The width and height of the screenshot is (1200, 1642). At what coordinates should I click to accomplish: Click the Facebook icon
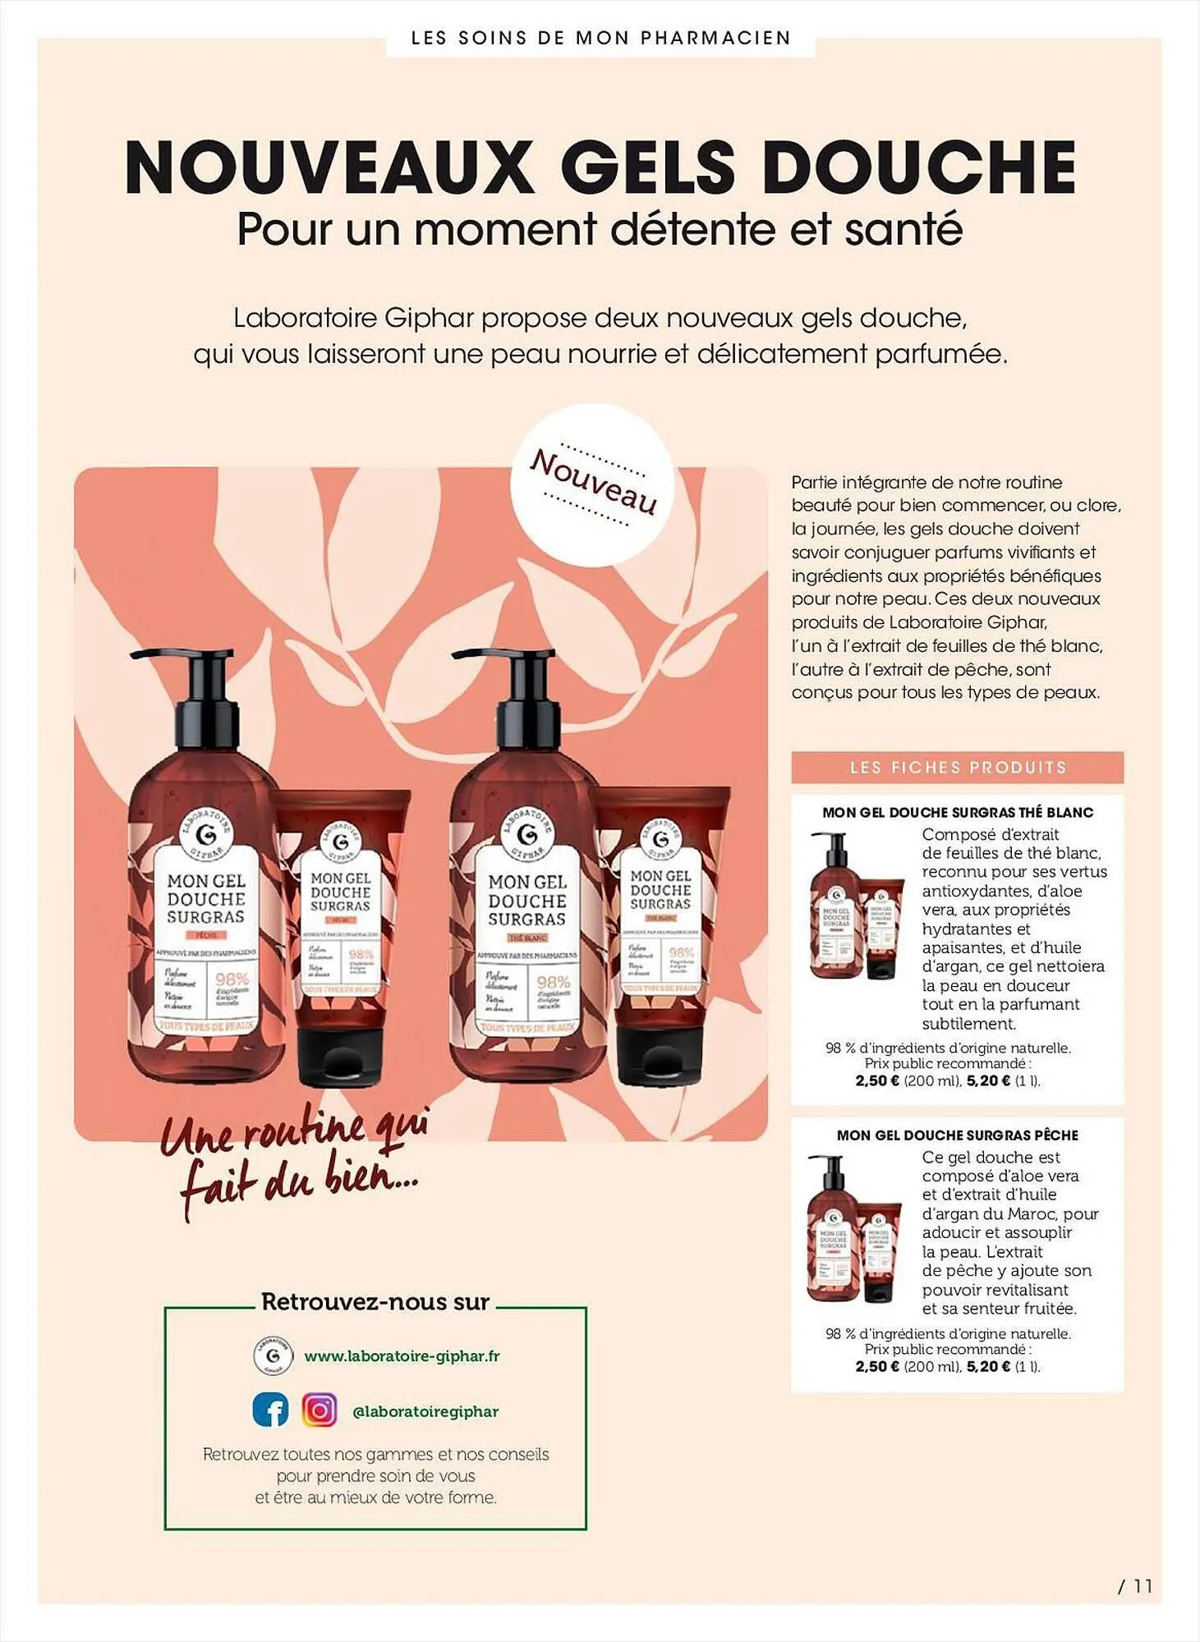point(270,1410)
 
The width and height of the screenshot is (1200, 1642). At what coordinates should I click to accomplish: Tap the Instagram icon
point(320,1410)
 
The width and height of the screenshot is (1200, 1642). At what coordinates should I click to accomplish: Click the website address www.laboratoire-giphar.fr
point(402,1356)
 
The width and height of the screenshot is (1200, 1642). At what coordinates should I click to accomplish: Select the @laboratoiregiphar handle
point(425,1411)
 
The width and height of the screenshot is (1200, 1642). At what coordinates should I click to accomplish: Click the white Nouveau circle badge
point(592,485)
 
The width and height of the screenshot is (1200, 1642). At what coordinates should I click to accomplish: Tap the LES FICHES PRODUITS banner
point(957,768)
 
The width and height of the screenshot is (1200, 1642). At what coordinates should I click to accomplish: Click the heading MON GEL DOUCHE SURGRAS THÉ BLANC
point(958,812)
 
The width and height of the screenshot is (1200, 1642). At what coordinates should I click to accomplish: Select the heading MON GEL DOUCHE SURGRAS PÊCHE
point(958,1135)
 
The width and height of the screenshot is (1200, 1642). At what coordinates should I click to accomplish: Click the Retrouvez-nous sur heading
point(375,1302)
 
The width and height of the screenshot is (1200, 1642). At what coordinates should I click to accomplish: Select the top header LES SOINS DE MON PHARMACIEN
point(600,38)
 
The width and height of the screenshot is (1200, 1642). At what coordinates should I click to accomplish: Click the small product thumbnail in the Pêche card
point(854,1229)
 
